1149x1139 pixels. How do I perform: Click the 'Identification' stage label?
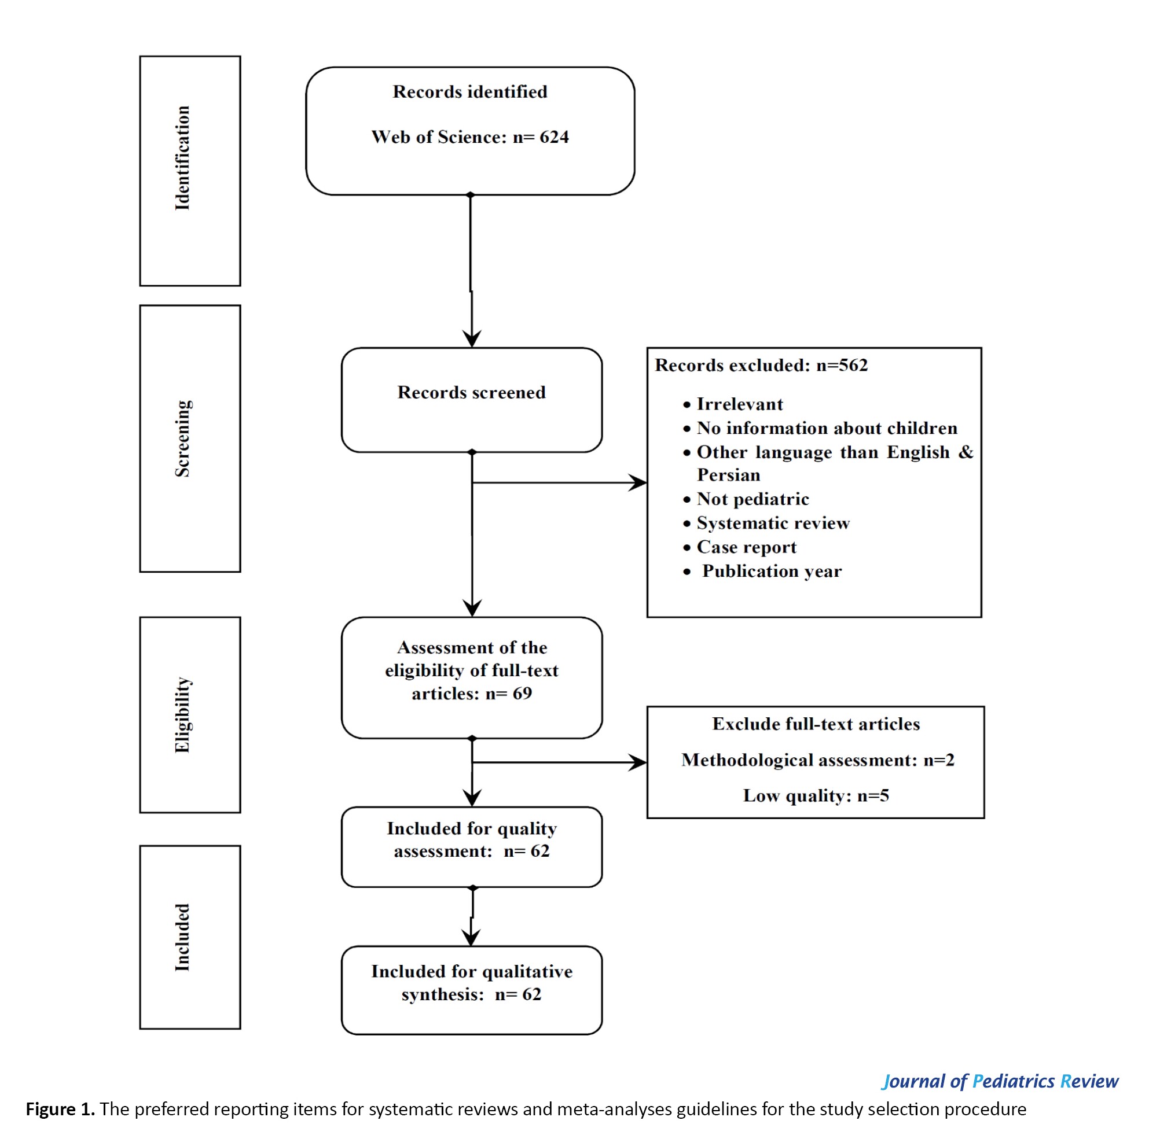point(182,158)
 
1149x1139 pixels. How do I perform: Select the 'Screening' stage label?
point(182,438)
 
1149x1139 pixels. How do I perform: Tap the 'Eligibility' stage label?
point(182,714)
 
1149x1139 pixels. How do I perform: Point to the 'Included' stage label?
point(182,938)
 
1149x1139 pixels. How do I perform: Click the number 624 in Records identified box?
point(554,137)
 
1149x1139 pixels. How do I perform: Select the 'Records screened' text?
point(472,392)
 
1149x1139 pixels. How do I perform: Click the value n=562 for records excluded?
point(842,365)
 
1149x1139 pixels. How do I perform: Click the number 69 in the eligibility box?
point(522,693)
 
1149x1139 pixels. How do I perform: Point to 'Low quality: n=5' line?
point(816,795)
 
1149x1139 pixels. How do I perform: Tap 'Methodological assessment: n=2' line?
point(817,760)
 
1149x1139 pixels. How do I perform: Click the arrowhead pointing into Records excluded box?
point(638,482)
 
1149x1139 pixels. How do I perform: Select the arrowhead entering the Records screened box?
point(472,339)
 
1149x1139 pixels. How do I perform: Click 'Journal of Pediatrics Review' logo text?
point(1000,1081)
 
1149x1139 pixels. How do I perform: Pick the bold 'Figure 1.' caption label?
point(60,1109)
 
